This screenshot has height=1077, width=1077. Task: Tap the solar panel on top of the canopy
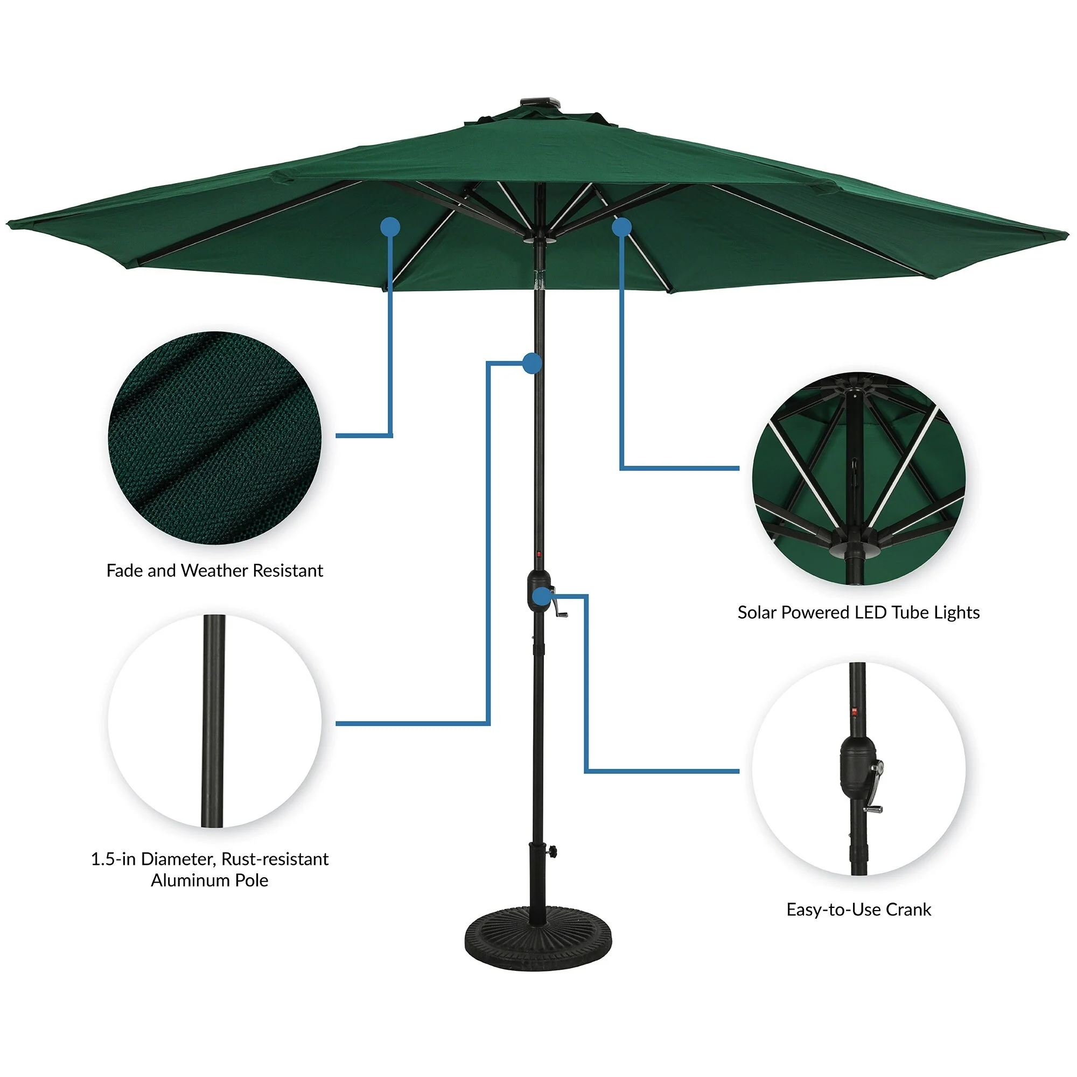(539, 102)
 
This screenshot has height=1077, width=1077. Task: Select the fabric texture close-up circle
(215, 438)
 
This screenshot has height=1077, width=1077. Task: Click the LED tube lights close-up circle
(858, 479)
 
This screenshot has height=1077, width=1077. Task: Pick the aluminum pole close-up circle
(215, 722)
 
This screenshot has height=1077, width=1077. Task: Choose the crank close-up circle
(858, 770)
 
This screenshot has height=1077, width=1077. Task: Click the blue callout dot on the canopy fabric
(391, 227)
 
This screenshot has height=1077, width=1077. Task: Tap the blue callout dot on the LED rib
(621, 227)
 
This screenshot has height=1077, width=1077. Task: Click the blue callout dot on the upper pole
(533, 363)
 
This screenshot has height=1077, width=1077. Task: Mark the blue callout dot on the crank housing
(540, 597)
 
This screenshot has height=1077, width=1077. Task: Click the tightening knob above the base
(552, 851)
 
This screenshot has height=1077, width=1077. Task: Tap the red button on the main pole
(539, 555)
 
